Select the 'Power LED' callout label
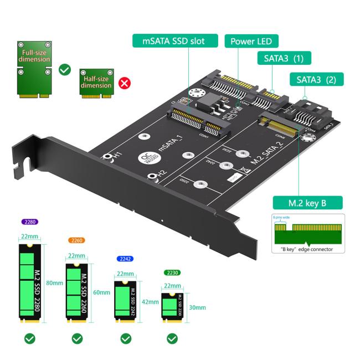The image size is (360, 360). click(251, 42)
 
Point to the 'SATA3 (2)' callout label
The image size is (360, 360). click(316, 80)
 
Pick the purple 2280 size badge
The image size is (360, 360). click(29, 222)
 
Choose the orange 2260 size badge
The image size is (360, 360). click(76, 240)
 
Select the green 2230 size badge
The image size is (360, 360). click(172, 272)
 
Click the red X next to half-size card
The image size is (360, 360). click(125, 84)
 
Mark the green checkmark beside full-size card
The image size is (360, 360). click(65, 70)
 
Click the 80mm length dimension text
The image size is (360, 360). click(54, 282)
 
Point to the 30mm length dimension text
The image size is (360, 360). click(197, 307)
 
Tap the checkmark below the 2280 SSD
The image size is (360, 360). click(29, 338)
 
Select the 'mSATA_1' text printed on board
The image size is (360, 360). click(171, 143)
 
